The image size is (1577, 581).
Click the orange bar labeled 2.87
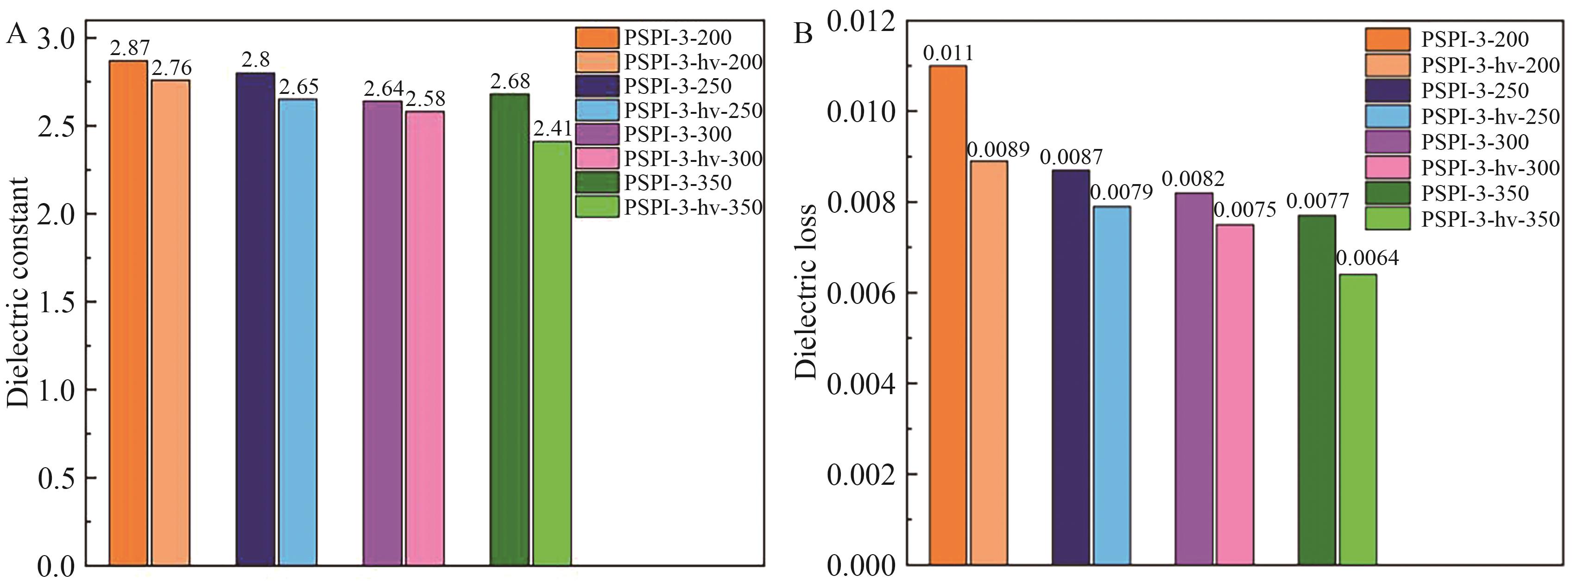point(128,312)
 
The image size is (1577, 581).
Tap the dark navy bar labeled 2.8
point(255,318)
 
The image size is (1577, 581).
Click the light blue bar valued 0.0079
point(1112,385)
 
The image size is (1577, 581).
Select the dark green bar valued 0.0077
point(1316,389)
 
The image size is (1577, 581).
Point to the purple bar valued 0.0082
point(1193,378)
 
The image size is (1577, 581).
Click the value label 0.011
point(948,53)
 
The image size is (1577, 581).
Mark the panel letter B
point(803,34)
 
